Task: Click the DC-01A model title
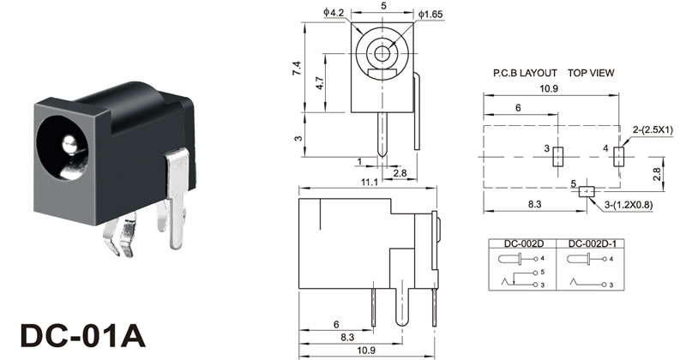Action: click(x=82, y=335)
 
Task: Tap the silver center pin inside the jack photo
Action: click(x=69, y=144)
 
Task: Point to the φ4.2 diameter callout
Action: click(x=334, y=12)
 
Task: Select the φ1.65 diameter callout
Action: click(x=430, y=14)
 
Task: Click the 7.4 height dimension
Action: click(x=297, y=69)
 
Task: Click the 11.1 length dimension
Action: click(x=370, y=182)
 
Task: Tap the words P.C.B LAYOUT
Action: click(x=525, y=73)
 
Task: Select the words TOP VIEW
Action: click(x=591, y=73)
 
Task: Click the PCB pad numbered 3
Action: click(x=558, y=157)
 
